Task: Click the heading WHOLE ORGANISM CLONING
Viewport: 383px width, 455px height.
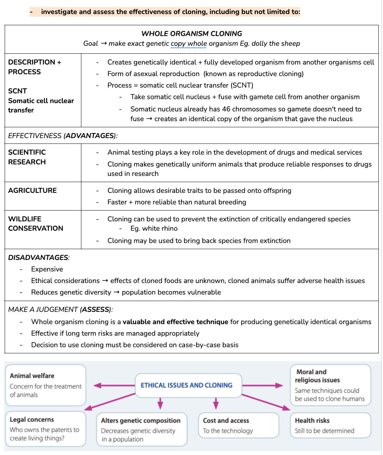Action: (191, 34)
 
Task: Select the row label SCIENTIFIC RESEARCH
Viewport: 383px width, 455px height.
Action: (27, 157)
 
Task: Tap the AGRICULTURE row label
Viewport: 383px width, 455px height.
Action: (32, 190)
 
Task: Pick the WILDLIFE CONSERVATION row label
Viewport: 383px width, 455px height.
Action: (35, 224)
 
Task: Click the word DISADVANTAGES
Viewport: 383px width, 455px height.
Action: (38, 257)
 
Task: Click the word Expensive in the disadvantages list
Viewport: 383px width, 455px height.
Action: (47, 269)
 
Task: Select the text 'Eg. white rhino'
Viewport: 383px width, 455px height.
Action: (154, 228)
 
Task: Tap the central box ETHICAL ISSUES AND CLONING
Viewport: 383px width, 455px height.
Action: (186, 385)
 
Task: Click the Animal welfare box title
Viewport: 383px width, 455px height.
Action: (32, 376)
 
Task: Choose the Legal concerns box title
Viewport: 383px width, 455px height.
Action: (32, 420)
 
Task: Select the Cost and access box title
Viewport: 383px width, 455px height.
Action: (226, 420)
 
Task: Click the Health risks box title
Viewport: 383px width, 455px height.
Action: (312, 420)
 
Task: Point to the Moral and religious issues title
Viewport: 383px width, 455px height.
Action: (317, 376)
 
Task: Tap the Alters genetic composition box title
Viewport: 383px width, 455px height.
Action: (140, 420)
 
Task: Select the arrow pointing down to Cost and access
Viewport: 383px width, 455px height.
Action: (216, 403)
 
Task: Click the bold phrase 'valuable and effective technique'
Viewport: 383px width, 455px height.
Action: (175, 322)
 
